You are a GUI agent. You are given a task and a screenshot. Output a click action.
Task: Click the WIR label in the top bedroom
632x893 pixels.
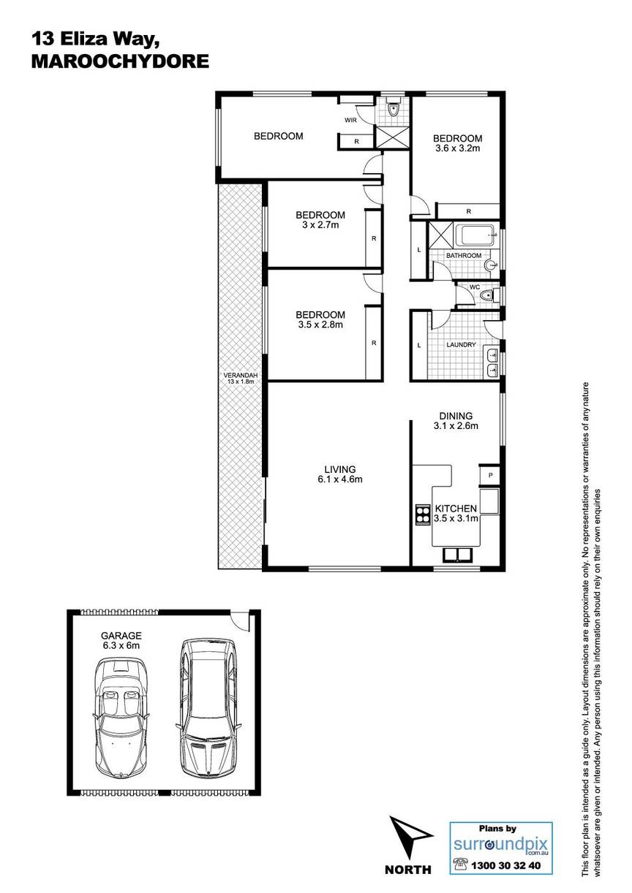click(x=350, y=120)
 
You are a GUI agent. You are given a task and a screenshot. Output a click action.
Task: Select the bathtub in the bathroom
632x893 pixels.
click(x=478, y=235)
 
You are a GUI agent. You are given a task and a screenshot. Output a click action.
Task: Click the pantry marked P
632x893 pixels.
click(x=490, y=475)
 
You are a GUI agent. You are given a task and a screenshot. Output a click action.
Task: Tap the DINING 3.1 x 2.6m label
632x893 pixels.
click(x=456, y=421)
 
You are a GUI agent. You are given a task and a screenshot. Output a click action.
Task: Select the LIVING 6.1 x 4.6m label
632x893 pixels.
click(x=340, y=474)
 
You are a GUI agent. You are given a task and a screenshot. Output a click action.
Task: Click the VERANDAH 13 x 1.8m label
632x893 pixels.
click(x=241, y=378)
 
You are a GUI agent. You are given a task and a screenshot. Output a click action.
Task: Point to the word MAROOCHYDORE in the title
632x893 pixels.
click(x=120, y=61)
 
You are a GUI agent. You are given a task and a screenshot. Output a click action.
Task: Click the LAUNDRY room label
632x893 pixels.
click(x=461, y=344)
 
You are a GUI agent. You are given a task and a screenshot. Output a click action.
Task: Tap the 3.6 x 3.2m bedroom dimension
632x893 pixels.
click(x=457, y=148)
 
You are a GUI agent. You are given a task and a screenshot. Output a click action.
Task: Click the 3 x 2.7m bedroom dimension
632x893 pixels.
click(x=320, y=225)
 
